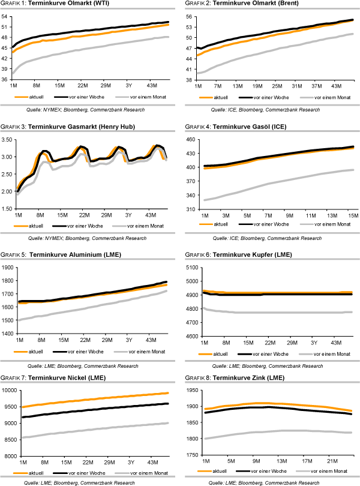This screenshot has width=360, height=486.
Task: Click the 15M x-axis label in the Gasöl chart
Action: (352, 214)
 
